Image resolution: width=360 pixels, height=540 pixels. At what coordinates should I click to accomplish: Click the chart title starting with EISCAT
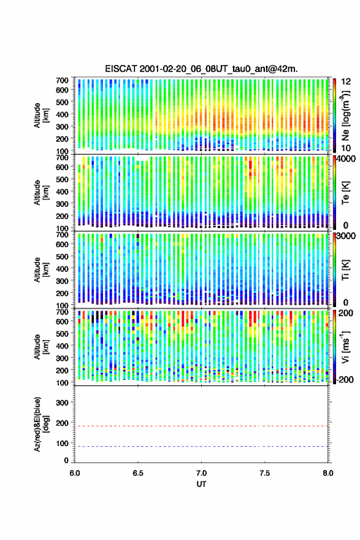201,69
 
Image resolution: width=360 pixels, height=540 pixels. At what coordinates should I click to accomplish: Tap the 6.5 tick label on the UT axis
138,473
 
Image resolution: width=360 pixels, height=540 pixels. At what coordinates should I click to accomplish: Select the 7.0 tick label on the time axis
201,473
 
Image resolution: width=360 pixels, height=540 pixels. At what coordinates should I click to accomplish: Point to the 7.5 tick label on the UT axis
265,473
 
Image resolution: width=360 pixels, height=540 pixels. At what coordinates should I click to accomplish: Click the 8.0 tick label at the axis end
328,473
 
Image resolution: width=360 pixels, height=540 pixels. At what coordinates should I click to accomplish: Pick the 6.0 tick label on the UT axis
75,473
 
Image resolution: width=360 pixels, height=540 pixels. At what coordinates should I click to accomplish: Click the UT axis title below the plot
201,484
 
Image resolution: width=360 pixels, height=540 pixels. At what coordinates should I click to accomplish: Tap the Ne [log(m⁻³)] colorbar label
346,115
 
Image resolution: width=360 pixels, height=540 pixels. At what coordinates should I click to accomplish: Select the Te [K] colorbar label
345,193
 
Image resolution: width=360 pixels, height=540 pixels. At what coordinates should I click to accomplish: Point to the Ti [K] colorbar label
345,269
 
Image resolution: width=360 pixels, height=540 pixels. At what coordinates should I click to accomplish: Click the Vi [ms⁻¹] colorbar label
346,347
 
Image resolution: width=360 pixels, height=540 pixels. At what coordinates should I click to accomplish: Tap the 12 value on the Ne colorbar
347,82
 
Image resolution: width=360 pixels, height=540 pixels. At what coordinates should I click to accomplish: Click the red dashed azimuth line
201,426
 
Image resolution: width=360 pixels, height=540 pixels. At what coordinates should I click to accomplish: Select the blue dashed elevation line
201,446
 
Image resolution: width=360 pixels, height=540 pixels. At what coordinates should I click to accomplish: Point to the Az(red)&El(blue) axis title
41,424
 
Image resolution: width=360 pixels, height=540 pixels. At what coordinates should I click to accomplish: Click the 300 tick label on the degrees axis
62,403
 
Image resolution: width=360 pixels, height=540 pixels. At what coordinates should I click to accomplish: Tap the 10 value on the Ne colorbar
347,148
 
